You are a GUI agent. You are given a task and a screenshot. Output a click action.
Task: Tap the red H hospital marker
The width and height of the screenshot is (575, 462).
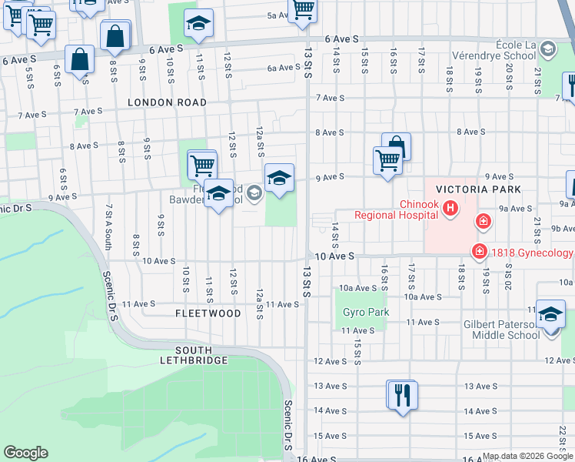[450, 207]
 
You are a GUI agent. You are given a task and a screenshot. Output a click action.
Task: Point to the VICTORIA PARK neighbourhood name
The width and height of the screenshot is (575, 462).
[478, 189]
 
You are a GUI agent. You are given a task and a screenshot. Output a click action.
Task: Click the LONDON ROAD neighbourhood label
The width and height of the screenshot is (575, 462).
[167, 102]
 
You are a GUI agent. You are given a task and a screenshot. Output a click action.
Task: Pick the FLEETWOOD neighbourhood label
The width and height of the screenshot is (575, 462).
[208, 314]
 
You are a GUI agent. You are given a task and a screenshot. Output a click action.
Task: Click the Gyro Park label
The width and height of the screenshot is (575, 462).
[366, 313]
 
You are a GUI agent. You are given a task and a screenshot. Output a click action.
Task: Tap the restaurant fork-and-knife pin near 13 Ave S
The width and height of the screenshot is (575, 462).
[401, 396]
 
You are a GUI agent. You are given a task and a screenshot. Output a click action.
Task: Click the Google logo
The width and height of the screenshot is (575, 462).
[25, 453]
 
